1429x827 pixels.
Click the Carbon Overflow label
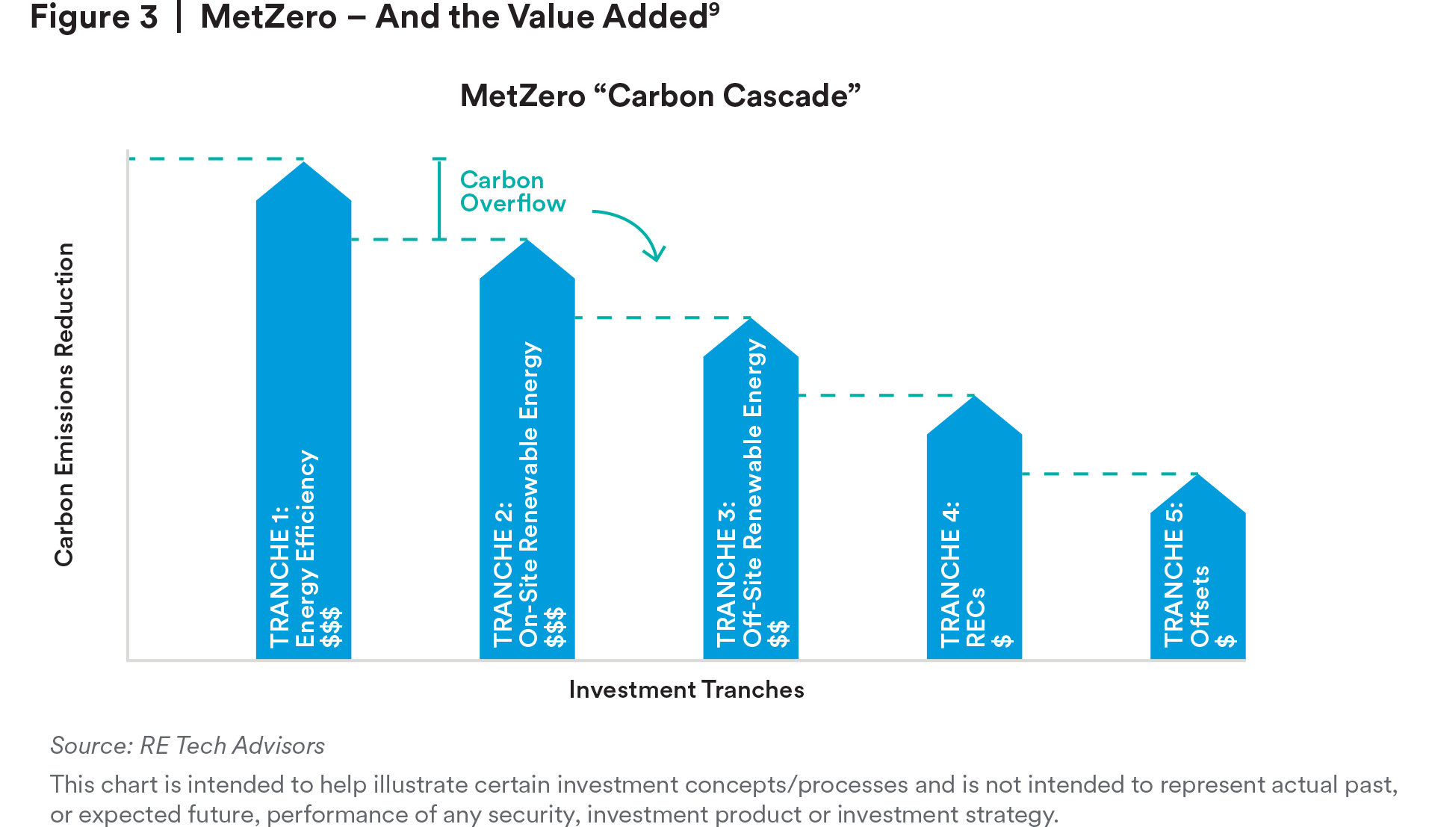pos(512,192)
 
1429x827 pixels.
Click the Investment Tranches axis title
pos(686,690)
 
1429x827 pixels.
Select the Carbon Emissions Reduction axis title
pos(64,404)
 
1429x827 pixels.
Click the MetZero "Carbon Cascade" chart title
pos(660,96)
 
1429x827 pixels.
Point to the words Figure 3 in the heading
pos(94,17)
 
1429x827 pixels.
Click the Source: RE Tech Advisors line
pos(187,746)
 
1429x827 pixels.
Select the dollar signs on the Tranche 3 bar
pos(778,634)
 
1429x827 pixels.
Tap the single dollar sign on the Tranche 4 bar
pos(1002,641)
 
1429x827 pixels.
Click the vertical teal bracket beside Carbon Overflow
pos(440,199)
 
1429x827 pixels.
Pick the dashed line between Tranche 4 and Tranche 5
pos(1109,474)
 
